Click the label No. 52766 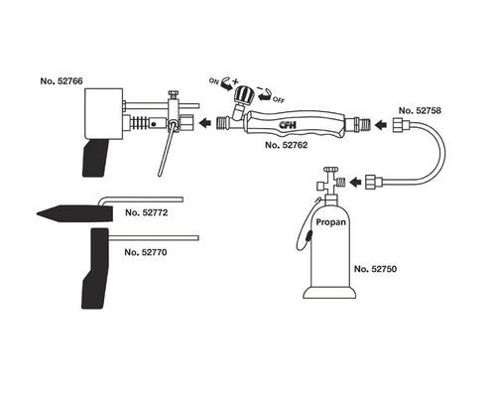62,81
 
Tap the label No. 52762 287,145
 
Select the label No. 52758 420,110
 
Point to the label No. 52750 375,269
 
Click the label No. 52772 147,212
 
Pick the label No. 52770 146,252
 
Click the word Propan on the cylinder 331,222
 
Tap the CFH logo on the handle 288,125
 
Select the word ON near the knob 214,80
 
